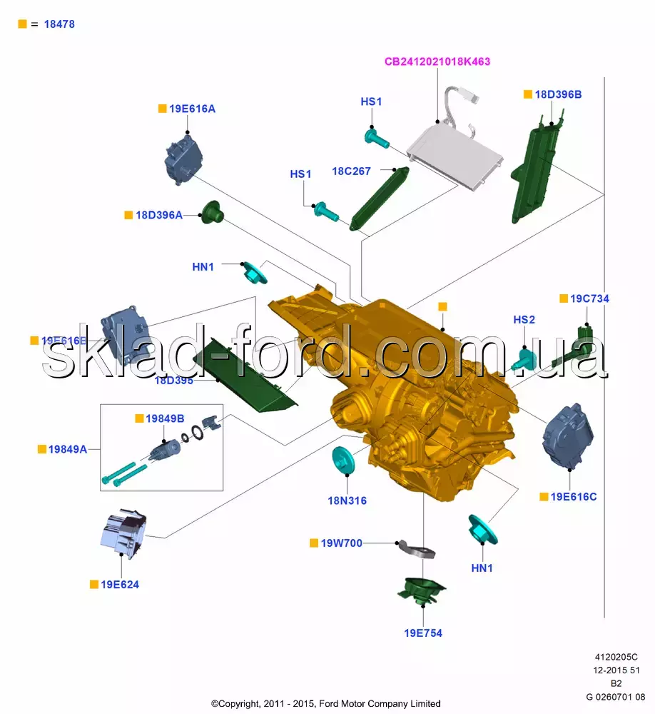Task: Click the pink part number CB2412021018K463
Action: click(x=437, y=61)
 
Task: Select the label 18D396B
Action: click(x=558, y=94)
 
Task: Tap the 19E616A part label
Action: click(x=192, y=109)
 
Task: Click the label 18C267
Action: click(x=351, y=171)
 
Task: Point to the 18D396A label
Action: click(x=159, y=214)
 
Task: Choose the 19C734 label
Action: click(x=589, y=298)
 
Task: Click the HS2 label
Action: click(x=524, y=320)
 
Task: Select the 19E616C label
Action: click(x=574, y=496)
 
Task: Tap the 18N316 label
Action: click(x=347, y=501)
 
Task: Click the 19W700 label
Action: click(x=341, y=543)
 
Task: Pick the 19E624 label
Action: click(x=120, y=584)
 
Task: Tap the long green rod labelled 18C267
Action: click(x=379, y=198)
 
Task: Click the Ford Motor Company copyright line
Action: click(x=326, y=703)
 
